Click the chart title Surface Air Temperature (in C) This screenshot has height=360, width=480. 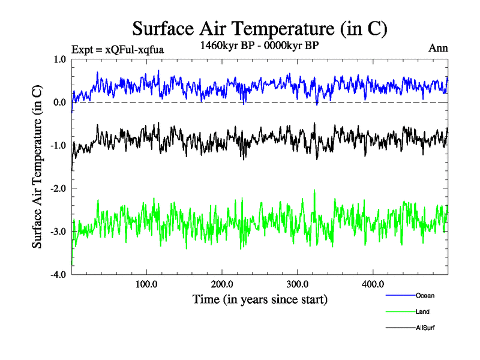point(259,29)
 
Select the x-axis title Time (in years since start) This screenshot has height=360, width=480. point(260,298)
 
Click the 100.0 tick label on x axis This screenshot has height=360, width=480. point(146,284)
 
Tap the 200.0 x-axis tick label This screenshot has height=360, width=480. point(222,284)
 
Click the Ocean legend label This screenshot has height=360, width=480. point(425,295)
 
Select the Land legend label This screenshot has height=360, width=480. point(422,311)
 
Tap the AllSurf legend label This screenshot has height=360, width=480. point(425,328)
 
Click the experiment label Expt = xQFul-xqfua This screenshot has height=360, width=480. point(117,49)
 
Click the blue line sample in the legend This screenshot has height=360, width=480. point(400,295)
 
